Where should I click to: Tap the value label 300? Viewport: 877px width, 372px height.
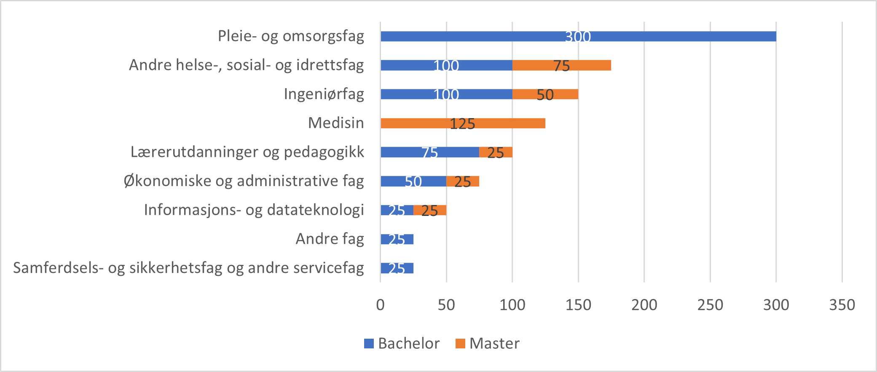click(x=578, y=37)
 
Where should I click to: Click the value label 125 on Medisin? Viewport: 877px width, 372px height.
click(x=462, y=124)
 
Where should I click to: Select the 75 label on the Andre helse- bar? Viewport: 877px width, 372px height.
click(x=561, y=66)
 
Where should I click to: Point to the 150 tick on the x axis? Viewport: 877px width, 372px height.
click(x=578, y=305)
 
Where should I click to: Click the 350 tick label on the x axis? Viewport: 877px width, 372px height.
click(x=842, y=305)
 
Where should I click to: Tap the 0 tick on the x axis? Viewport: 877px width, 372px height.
click(x=380, y=305)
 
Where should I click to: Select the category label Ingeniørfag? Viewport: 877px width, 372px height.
click(x=324, y=94)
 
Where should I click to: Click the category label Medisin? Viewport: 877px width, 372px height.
click(x=336, y=123)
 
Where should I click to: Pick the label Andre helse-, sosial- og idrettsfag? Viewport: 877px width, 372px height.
click(x=246, y=65)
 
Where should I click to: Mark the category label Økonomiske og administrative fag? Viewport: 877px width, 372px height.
click(x=244, y=181)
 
